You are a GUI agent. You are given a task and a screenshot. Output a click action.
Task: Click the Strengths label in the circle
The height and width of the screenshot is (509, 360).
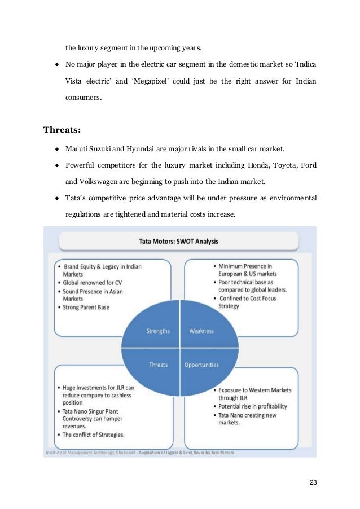point(158,331)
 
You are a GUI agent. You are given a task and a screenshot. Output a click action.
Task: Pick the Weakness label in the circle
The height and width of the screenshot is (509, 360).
point(201,331)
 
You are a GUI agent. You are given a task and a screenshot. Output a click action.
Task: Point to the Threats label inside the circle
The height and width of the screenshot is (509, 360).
point(158,365)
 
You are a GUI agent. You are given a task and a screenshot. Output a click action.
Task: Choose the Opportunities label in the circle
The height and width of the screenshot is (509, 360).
point(201,365)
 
